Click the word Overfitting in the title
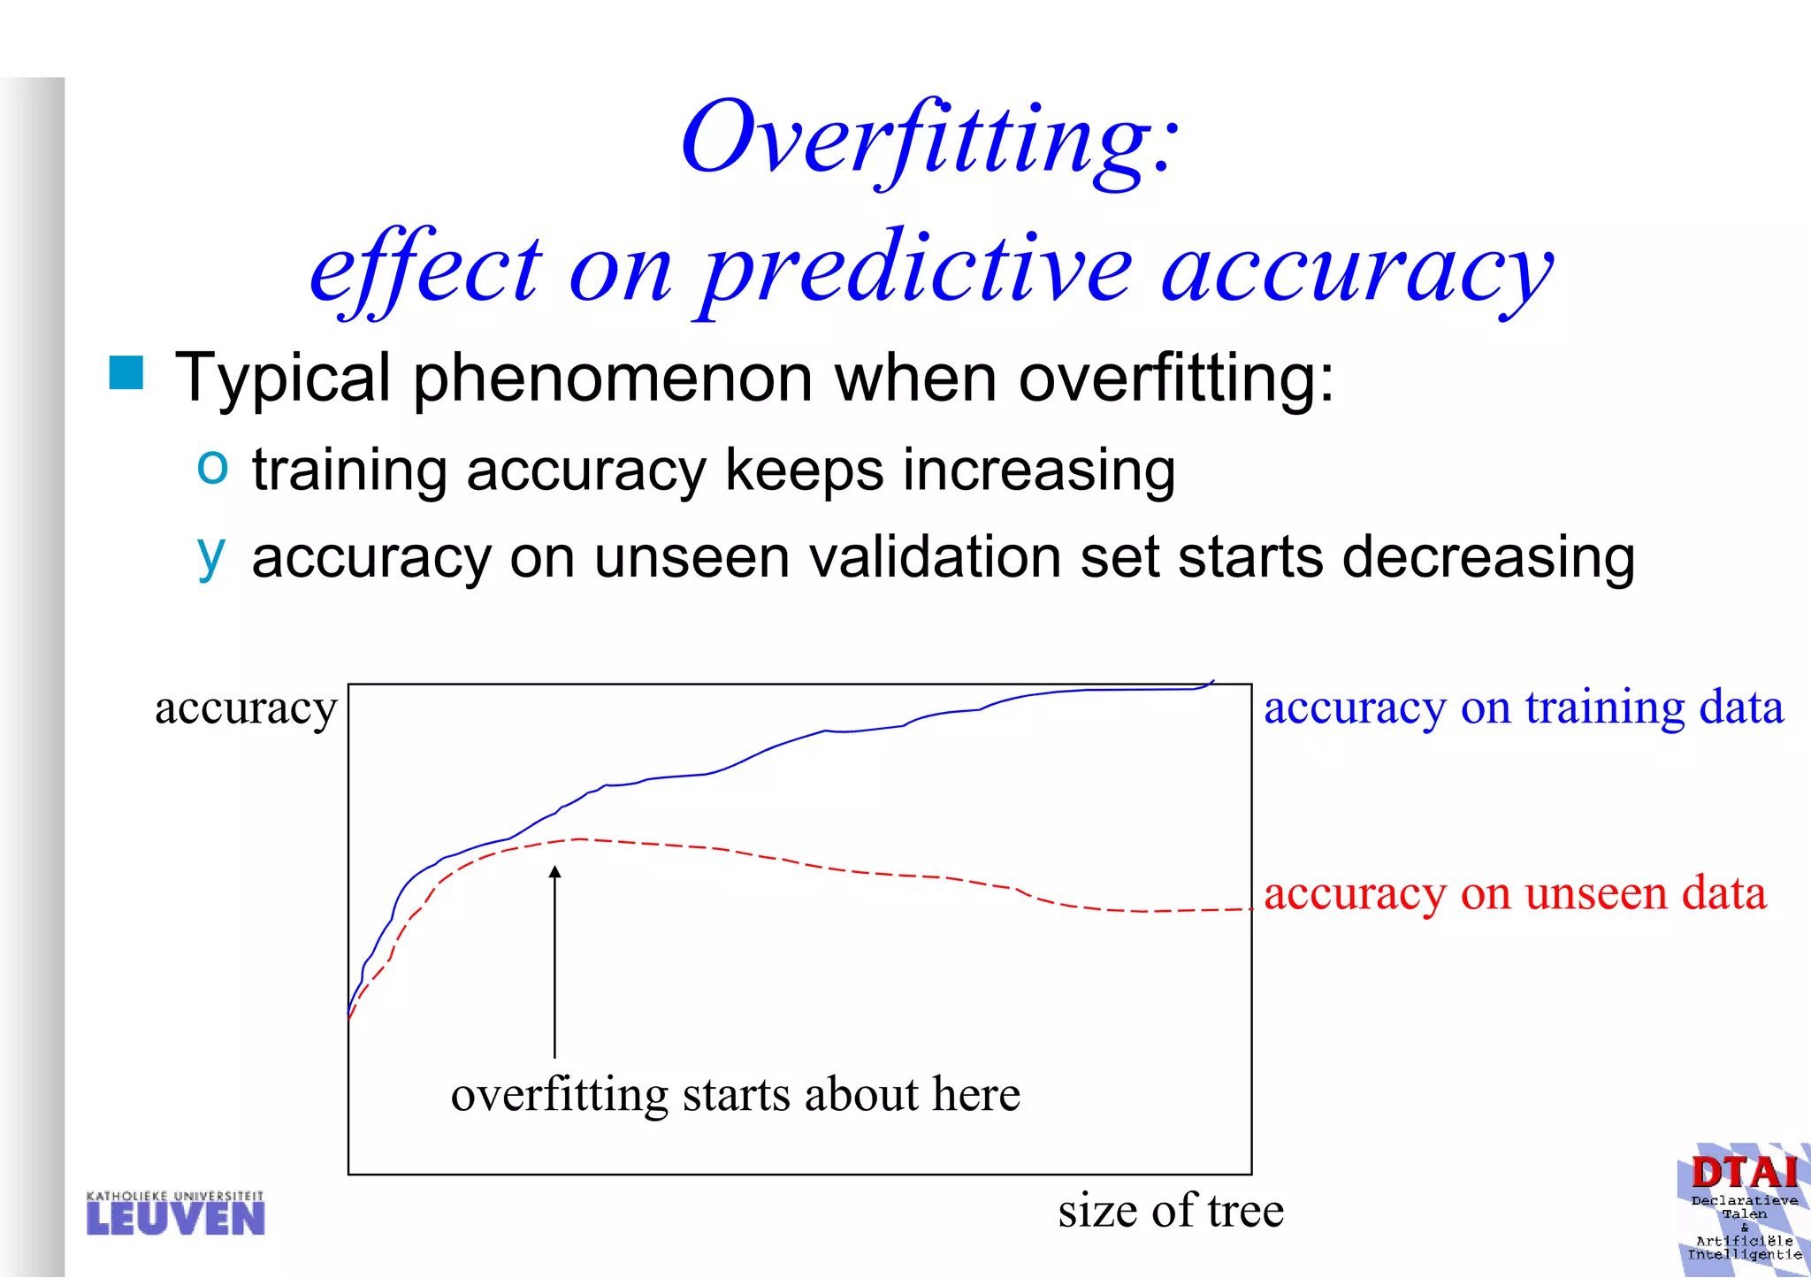pos(928,140)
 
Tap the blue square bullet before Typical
pos(126,372)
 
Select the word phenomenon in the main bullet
pos(612,379)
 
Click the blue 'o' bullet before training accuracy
pos(212,465)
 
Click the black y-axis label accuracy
pos(246,708)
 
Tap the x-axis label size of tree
pos(1170,1211)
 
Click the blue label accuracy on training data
pos(1523,708)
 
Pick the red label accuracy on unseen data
pos(1515,893)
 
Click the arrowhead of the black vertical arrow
pos(555,872)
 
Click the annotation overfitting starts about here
pos(735,1095)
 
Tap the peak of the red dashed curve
pos(579,838)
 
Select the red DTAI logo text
pos(1744,1174)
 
